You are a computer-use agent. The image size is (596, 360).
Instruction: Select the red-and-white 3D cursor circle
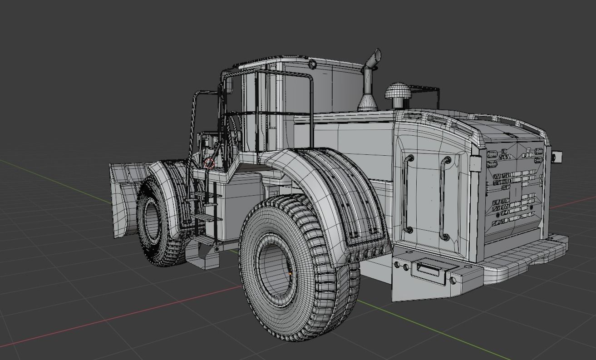pos(209,163)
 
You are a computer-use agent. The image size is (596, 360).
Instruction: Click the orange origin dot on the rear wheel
pos(290,274)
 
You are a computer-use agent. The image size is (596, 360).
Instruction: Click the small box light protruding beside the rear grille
pos(557,157)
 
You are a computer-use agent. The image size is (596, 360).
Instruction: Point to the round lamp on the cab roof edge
pos(311,64)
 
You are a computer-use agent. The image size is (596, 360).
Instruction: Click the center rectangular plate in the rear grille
pos(515,191)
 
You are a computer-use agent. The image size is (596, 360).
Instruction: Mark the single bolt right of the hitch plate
pos(453,280)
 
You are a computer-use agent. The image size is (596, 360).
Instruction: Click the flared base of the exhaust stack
pos(368,104)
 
